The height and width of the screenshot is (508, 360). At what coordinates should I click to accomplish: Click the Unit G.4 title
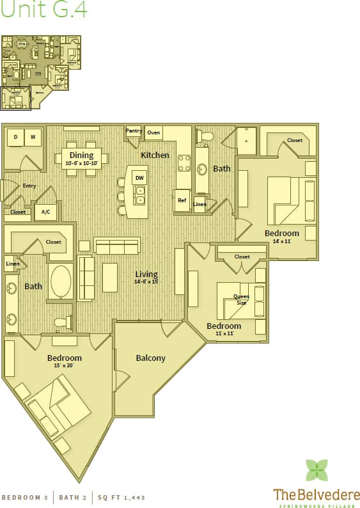click(x=44, y=11)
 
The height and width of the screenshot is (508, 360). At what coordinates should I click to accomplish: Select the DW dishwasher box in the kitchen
click(x=139, y=177)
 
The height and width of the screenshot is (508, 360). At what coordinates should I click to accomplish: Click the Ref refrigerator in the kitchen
click(x=182, y=200)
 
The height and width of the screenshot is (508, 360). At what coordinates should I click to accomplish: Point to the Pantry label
click(x=134, y=131)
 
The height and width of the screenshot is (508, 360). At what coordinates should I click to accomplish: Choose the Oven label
click(x=153, y=133)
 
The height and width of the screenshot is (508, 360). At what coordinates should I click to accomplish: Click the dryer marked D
click(x=15, y=136)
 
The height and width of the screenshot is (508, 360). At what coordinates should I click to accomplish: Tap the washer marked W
click(x=33, y=136)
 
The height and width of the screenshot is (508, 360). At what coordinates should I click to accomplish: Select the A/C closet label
click(x=46, y=212)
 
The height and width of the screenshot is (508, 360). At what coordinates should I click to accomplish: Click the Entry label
click(x=29, y=186)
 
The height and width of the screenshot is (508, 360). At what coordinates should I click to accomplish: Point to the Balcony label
click(x=150, y=358)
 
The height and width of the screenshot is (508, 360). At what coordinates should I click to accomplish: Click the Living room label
click(x=146, y=274)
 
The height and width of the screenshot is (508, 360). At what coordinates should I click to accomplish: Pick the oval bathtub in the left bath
click(x=61, y=282)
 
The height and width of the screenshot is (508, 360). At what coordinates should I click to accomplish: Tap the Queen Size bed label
click(x=241, y=299)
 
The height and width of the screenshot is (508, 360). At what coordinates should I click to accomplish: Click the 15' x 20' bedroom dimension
click(x=65, y=366)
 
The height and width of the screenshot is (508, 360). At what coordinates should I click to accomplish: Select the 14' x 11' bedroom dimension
click(x=282, y=241)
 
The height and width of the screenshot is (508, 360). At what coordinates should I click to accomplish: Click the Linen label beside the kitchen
click(x=200, y=205)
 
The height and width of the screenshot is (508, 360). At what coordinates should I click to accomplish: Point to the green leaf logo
click(x=317, y=470)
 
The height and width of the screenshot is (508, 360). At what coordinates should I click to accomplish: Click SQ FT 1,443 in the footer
click(x=120, y=497)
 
